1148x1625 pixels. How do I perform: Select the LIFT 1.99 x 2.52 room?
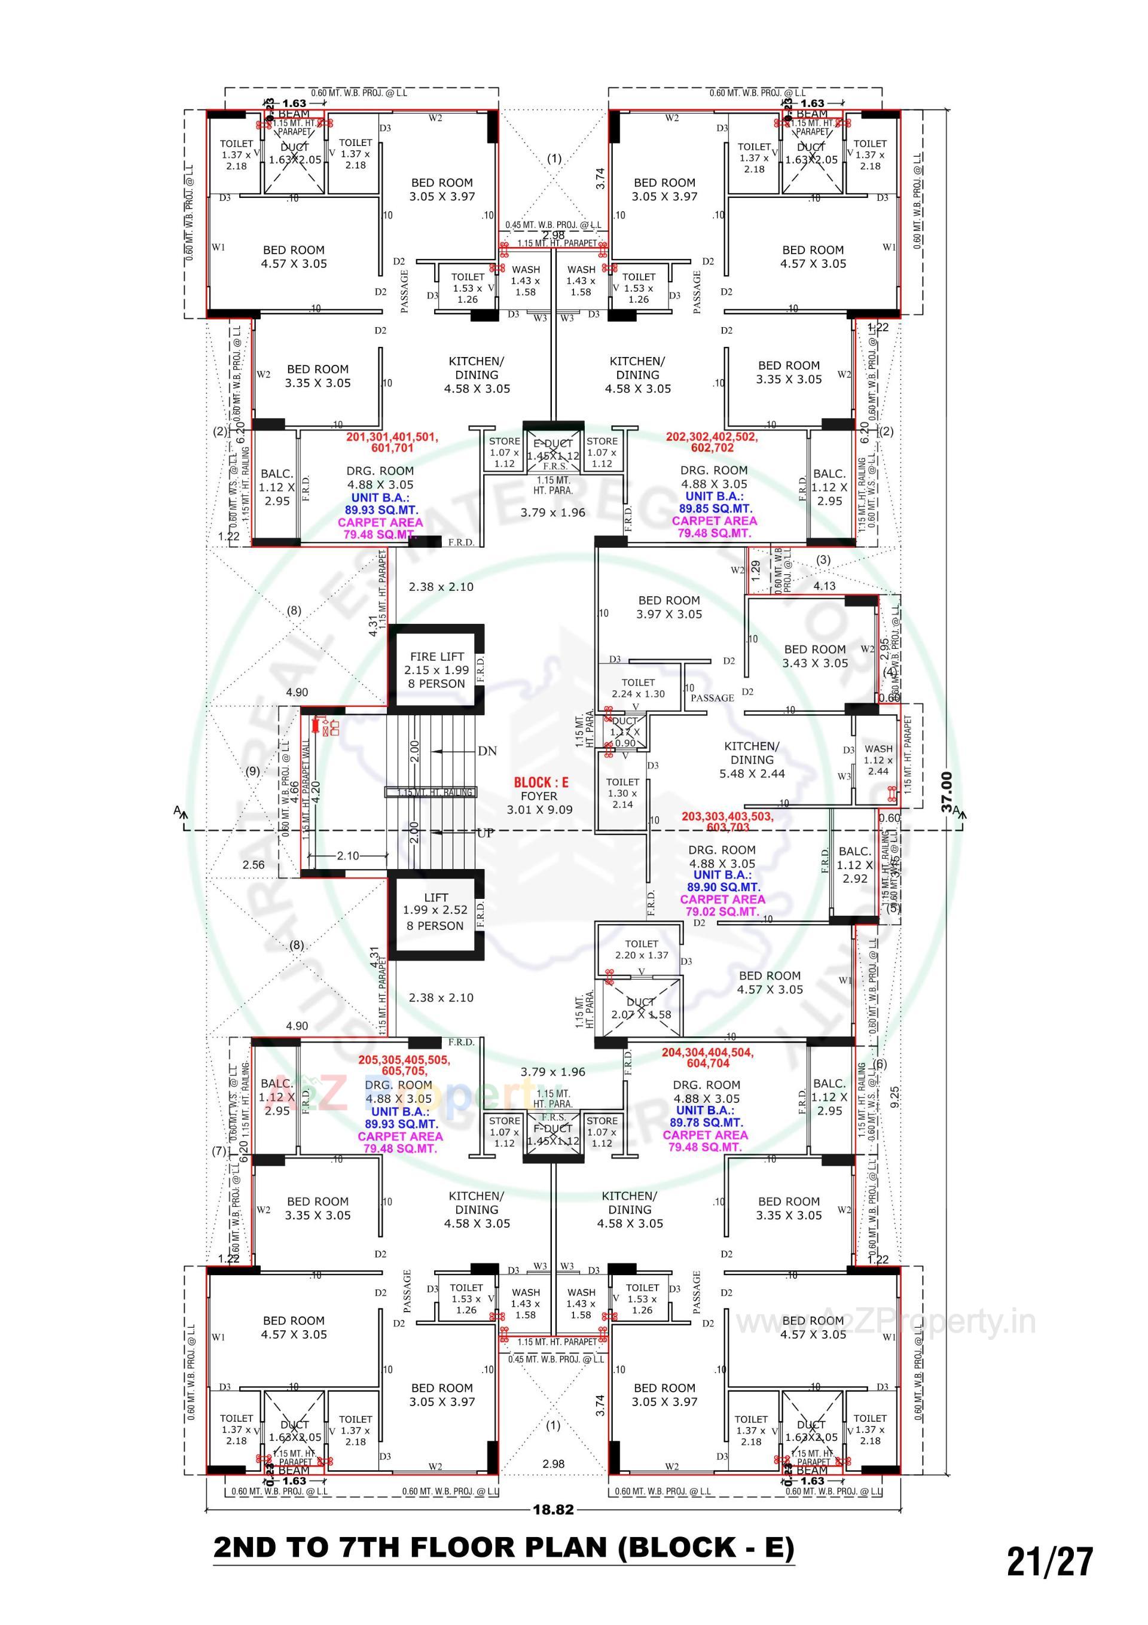pyautogui.click(x=435, y=911)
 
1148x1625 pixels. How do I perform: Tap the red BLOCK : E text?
pyautogui.click(x=541, y=782)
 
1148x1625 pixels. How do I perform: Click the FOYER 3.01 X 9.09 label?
pyautogui.click(x=539, y=803)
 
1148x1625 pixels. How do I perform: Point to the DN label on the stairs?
pyautogui.click(x=487, y=751)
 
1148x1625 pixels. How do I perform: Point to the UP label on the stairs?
pyautogui.click(x=486, y=833)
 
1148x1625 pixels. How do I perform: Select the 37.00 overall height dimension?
pyautogui.click(x=947, y=792)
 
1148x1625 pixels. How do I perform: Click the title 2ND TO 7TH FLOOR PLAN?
pyautogui.click(x=503, y=1547)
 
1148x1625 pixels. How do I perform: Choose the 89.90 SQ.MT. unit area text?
pyautogui.click(x=723, y=887)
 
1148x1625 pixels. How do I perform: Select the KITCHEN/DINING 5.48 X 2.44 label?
pyautogui.click(x=752, y=760)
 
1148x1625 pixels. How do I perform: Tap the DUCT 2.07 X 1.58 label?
pyautogui.click(x=640, y=1008)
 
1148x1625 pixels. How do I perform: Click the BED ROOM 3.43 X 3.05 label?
pyautogui.click(x=814, y=656)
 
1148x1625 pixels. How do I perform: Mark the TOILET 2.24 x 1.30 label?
pyautogui.click(x=638, y=688)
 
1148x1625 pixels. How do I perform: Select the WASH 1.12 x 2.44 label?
pyautogui.click(x=878, y=760)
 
